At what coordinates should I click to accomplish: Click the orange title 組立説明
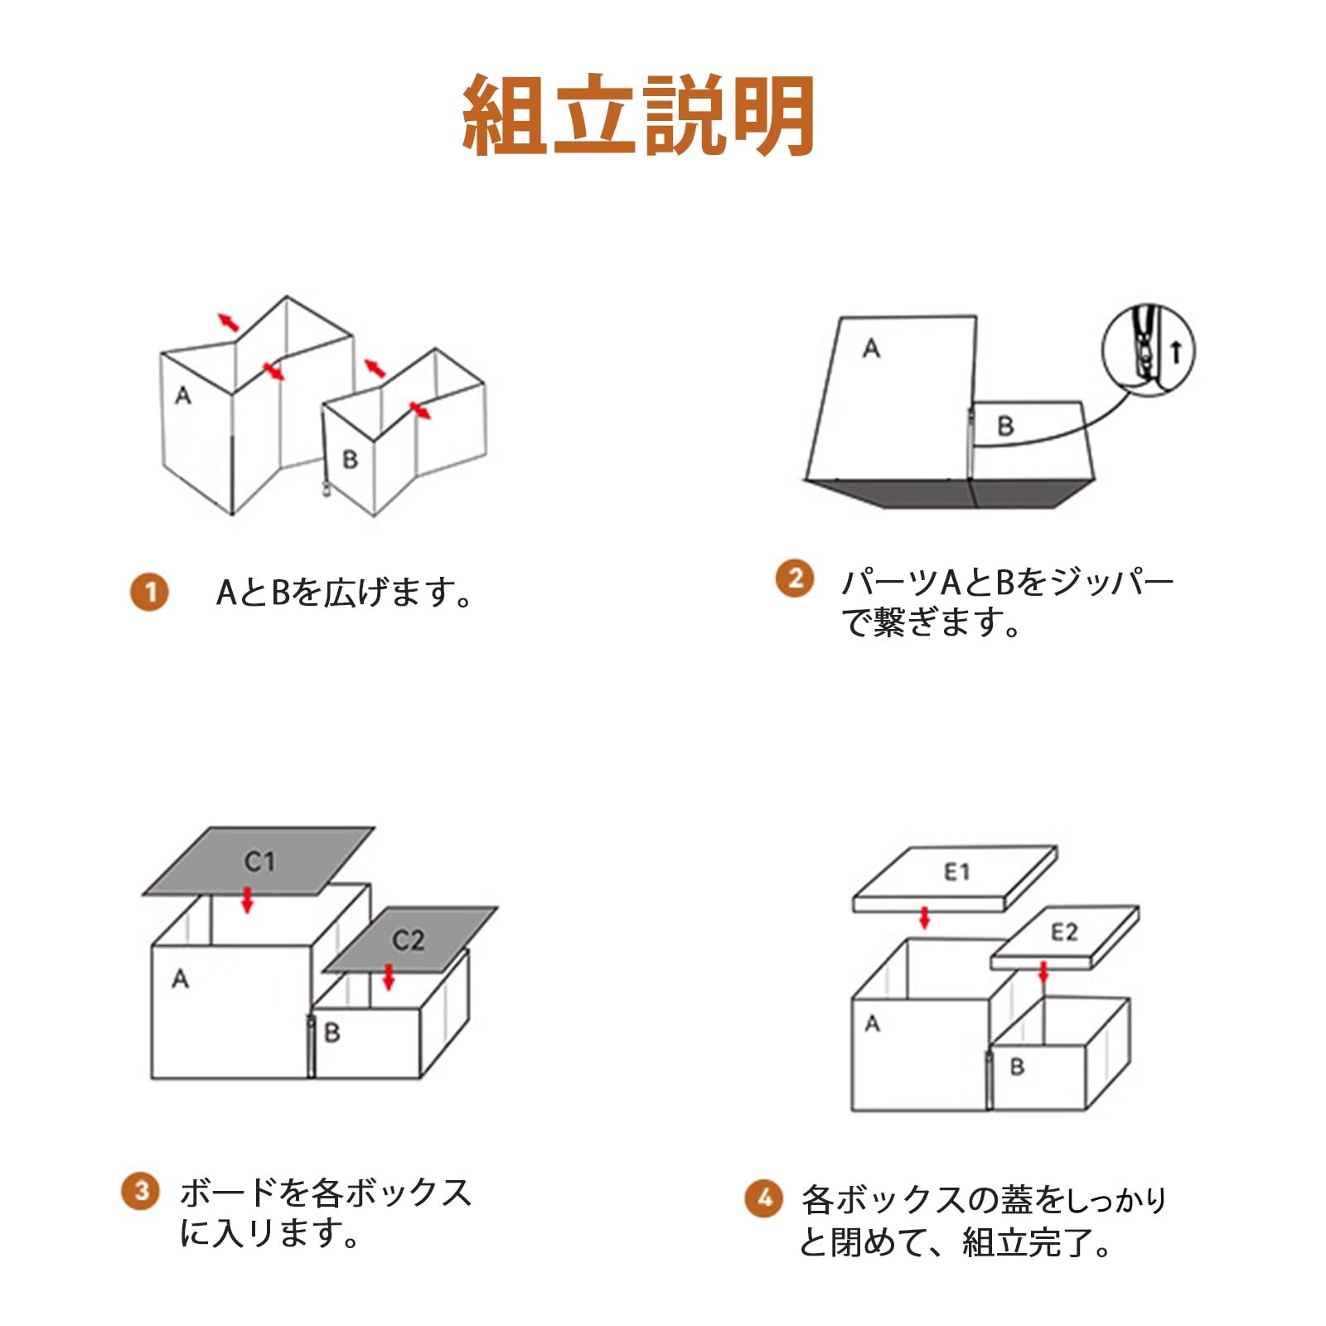638,116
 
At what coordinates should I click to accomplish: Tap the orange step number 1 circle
149,593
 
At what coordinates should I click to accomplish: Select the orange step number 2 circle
795,578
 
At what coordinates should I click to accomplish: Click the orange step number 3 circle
141,1192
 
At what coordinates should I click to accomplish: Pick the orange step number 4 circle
763,1198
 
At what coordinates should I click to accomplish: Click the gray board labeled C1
259,862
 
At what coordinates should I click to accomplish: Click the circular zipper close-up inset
1149,351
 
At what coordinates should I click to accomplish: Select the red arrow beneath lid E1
925,917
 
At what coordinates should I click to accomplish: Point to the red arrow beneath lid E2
1043,971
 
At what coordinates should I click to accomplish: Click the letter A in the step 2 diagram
870,349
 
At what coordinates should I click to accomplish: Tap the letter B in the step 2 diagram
1005,427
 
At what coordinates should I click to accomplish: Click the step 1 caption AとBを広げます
344,593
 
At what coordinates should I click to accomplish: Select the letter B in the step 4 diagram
1017,1067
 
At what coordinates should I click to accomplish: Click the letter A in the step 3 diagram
180,980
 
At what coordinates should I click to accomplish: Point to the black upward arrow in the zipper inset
1176,352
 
